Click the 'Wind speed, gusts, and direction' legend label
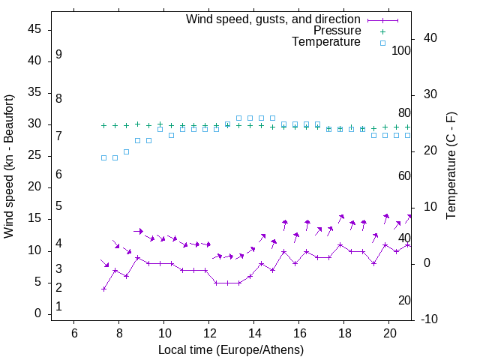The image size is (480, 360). coord(273,19)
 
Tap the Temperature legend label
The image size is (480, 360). coord(326,43)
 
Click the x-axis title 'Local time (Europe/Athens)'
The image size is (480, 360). coord(231,350)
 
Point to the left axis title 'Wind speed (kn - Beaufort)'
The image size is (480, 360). coord(10,166)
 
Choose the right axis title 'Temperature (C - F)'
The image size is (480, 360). coord(451,166)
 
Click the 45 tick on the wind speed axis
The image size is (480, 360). coord(34,29)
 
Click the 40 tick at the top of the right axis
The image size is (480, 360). coord(430,38)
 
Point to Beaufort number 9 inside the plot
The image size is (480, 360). coord(58,55)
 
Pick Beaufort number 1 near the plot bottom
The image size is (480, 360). coord(58,307)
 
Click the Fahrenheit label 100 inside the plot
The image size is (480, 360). coord(401,50)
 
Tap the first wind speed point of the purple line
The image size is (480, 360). coord(103,289)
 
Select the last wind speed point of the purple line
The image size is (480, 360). coord(408,244)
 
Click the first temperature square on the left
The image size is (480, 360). coord(103,157)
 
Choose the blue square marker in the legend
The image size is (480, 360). coord(382,43)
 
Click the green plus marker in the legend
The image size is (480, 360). coord(382,31)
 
